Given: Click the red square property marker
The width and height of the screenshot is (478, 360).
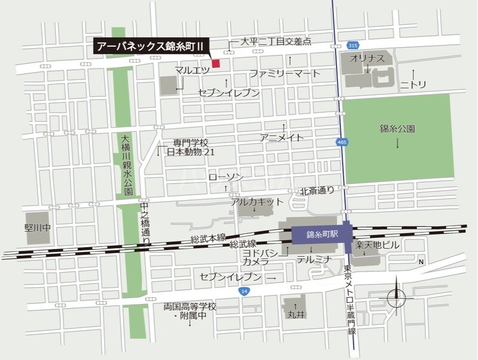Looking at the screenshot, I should (x=216, y=63).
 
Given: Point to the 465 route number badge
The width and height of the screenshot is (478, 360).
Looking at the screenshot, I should (x=341, y=141).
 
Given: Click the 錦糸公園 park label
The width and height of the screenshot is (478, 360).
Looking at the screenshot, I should (x=397, y=128).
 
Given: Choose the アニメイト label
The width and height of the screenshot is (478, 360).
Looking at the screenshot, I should (x=282, y=137).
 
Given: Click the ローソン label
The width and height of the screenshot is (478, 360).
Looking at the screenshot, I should (x=226, y=177).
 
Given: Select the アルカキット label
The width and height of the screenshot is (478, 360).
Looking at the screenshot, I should (x=257, y=202).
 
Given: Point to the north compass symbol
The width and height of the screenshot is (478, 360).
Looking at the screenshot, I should (x=396, y=296).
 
